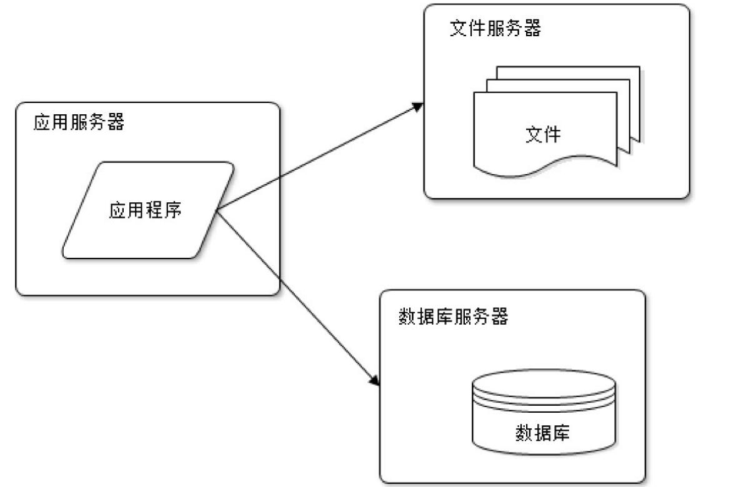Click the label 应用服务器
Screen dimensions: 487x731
[79, 123]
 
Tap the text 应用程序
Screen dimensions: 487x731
[146, 210]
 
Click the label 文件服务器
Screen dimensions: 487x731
[495, 29]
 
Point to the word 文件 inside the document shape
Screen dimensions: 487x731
[544, 134]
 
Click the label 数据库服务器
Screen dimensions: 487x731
[453, 317]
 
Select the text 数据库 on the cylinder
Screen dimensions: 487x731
[542, 432]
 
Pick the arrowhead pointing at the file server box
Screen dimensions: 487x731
[419, 108]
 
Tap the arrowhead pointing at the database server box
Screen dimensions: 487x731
[375, 381]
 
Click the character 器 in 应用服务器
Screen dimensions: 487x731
[116, 123]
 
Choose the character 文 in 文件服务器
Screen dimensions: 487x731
[459, 29]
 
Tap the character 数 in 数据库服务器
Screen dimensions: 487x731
[407, 317]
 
